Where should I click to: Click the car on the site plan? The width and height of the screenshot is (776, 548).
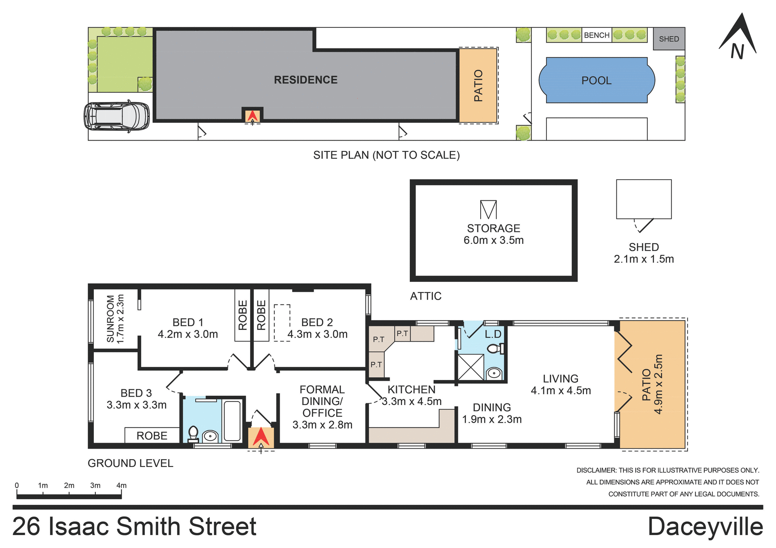tap(117, 116)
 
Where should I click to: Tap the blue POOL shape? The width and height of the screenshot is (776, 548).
tap(597, 80)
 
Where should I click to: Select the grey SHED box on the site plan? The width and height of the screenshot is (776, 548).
tap(669, 39)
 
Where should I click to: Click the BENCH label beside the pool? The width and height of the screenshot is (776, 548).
tap(597, 35)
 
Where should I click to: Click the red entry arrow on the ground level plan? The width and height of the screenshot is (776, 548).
tap(261, 437)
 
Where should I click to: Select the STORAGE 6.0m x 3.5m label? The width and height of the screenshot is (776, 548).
tap(493, 234)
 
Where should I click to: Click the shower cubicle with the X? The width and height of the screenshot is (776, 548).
tap(470, 367)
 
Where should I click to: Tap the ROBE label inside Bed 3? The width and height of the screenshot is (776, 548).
tap(152, 436)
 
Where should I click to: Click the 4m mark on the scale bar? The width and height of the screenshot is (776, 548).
tap(121, 486)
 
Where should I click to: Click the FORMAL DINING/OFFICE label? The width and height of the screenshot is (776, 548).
tap(322, 407)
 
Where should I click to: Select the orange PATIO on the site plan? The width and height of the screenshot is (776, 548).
tap(478, 85)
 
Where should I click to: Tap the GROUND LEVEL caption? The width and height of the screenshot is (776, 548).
tap(130, 463)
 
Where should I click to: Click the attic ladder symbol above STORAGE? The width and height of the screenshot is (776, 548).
tap(488, 210)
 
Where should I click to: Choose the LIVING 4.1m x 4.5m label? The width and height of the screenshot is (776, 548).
tap(561, 384)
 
